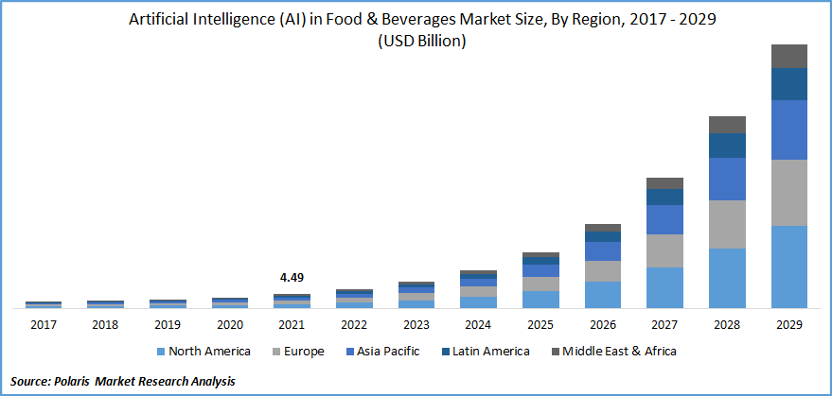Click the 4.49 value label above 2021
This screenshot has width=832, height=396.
click(x=292, y=278)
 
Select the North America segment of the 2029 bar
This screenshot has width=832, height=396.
click(x=788, y=267)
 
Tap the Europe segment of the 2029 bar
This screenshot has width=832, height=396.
click(x=788, y=193)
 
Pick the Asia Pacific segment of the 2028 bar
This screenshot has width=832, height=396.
click(x=727, y=179)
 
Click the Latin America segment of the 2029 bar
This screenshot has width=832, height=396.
click(x=788, y=84)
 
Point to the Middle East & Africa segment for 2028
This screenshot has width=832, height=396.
click(x=727, y=125)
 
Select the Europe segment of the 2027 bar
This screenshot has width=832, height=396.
click(x=664, y=250)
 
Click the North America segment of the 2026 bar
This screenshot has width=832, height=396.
click(x=602, y=294)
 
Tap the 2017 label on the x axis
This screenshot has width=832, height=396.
click(x=44, y=324)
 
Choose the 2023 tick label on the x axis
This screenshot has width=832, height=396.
click(x=416, y=324)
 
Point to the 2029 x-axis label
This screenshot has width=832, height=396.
click(x=788, y=324)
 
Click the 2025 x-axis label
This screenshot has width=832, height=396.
click(x=540, y=324)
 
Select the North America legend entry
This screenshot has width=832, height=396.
click(x=204, y=352)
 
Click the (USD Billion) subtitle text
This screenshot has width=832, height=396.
click(x=416, y=42)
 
